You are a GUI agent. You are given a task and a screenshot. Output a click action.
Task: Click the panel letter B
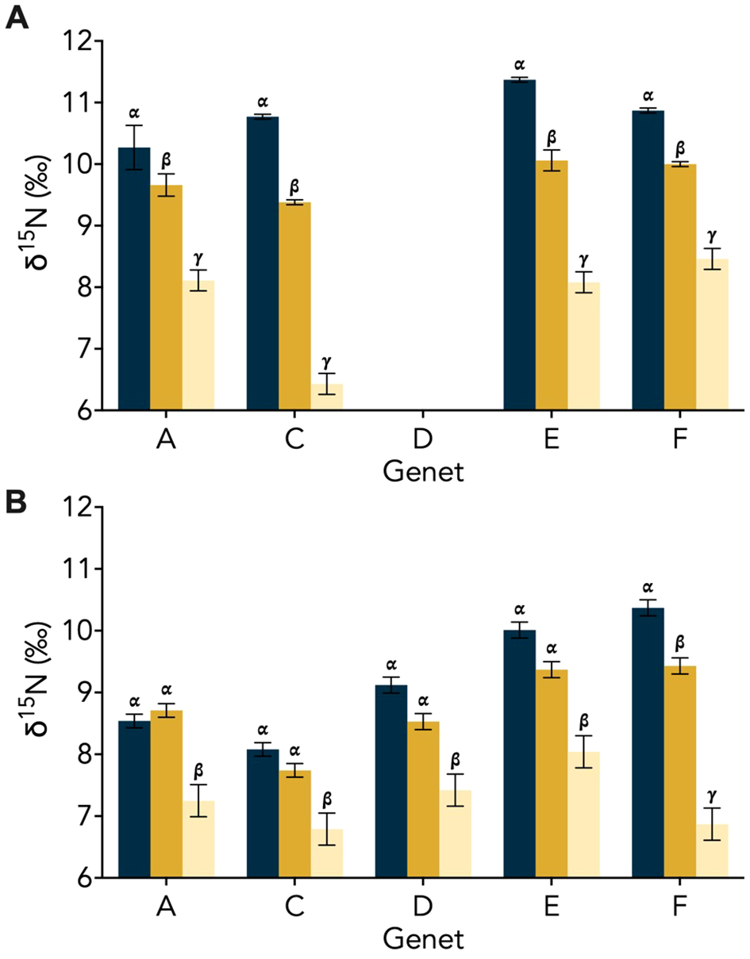click(x=17, y=504)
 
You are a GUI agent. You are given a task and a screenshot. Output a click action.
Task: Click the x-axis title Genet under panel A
click(x=423, y=473)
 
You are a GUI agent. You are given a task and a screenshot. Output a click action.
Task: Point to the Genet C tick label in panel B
click(x=294, y=907)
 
